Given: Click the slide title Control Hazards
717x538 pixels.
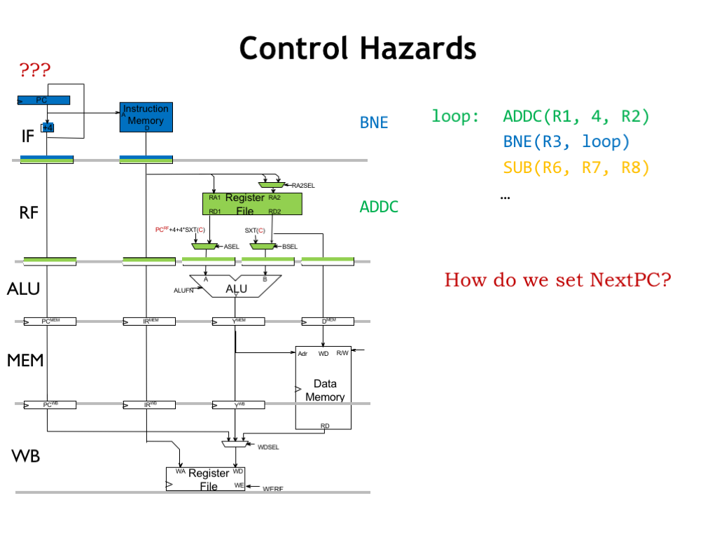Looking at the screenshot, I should (x=358, y=49).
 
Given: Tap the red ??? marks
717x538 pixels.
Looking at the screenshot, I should (x=35, y=70).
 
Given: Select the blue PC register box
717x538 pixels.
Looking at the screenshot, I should (x=43, y=100).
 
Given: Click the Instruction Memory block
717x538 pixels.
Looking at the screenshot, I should (x=146, y=116).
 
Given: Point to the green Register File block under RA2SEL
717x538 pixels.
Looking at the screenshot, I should (x=251, y=204).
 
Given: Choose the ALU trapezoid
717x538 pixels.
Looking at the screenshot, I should (x=235, y=288).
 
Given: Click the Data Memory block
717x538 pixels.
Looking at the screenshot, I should (x=323, y=387).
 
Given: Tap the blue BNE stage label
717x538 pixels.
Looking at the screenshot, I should (x=374, y=123).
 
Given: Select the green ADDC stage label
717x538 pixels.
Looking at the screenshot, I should (x=379, y=207).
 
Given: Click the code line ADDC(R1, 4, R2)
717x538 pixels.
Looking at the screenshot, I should (x=576, y=116).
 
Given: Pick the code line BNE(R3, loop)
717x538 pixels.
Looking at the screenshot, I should (x=566, y=142).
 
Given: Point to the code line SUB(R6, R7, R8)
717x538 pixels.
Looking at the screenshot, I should (x=576, y=168).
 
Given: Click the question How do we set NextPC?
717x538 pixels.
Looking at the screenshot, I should (x=557, y=281).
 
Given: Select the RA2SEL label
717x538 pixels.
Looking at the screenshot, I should (x=302, y=186).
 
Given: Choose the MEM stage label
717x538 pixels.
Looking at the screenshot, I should (x=25, y=360).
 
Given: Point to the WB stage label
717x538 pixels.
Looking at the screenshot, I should (x=25, y=457).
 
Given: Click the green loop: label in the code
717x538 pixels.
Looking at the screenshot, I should (x=455, y=116).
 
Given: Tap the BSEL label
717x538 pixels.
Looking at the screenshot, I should (x=290, y=247).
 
